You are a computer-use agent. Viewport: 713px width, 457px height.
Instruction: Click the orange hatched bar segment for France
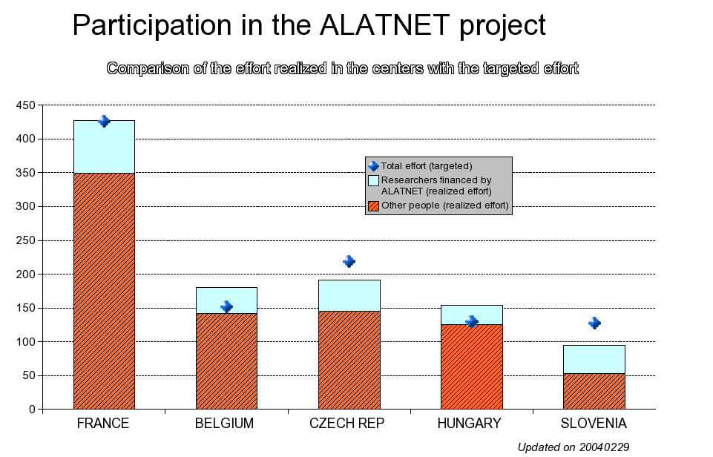104,291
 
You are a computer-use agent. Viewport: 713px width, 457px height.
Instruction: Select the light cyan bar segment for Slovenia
594,359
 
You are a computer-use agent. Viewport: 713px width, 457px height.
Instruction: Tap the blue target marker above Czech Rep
349,261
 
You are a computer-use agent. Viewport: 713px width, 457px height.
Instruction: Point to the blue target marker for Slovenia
594,323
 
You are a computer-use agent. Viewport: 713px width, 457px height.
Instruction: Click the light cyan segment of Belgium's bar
226,300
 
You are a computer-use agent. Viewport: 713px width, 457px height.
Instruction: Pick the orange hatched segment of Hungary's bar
472,367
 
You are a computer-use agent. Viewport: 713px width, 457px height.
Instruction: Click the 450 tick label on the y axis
25,105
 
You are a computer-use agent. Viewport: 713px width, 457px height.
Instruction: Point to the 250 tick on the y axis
25,240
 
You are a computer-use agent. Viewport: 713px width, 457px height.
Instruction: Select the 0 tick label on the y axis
32,410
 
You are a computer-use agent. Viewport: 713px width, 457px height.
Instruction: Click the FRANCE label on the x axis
103,424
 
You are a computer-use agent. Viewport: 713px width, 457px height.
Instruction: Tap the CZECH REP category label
347,424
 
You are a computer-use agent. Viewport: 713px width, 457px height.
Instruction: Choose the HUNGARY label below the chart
469,424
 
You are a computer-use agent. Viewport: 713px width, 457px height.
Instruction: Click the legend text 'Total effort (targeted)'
427,166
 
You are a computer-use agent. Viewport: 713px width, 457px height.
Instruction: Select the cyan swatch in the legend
373,180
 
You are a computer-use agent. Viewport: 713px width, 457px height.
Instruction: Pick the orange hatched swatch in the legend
373,206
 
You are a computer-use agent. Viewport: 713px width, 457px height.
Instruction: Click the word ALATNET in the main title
384,24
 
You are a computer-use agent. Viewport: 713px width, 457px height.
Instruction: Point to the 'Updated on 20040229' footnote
574,447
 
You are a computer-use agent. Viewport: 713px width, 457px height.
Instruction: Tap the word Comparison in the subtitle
148,69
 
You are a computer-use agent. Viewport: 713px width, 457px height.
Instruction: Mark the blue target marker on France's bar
104,121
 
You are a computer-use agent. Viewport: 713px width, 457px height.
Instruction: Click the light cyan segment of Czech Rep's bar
349,295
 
